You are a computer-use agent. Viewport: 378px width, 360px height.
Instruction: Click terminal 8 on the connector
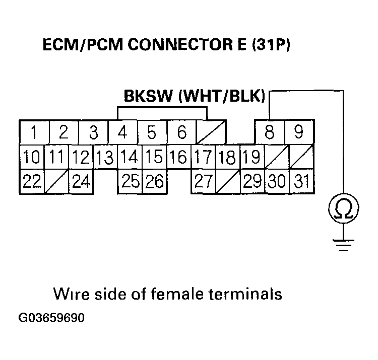tap(270, 132)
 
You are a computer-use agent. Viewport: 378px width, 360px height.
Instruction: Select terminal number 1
tap(34, 133)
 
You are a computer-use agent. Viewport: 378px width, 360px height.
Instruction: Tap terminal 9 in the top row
tap(299, 132)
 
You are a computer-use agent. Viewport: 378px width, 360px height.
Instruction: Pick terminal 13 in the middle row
tap(105, 158)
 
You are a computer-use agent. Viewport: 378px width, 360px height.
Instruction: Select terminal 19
tap(250, 157)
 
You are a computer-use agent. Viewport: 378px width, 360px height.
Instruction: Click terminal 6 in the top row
tap(182, 133)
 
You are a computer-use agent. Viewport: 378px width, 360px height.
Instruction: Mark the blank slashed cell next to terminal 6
tap(211, 133)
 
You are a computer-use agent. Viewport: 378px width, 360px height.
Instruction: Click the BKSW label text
tap(145, 96)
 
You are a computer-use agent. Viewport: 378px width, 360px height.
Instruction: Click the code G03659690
tap(51, 319)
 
